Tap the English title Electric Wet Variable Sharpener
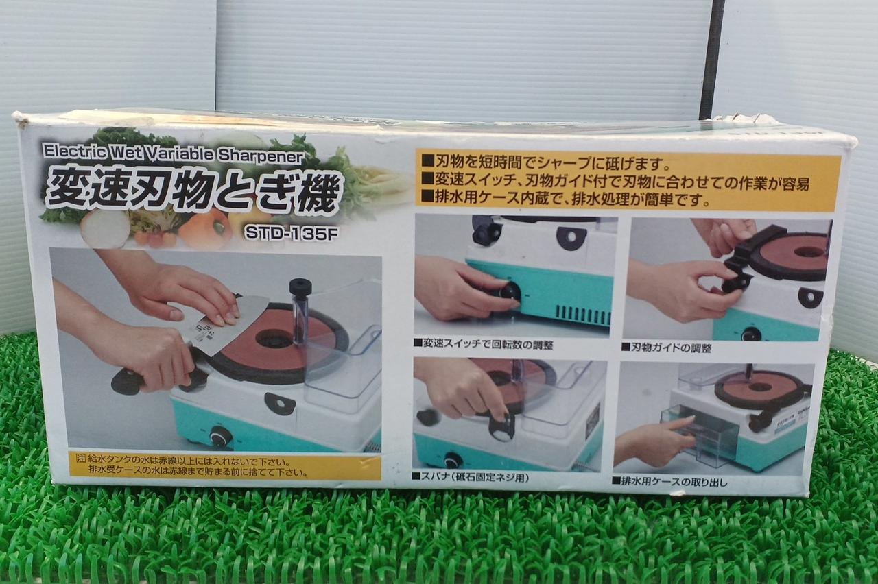click(173, 153)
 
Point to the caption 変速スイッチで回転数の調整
click(484, 345)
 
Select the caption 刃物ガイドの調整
click(667, 348)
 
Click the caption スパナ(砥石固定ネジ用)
click(471, 478)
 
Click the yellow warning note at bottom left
click(224, 465)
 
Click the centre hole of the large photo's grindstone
click(274, 339)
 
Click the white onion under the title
click(105, 228)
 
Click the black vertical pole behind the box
click(710, 59)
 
